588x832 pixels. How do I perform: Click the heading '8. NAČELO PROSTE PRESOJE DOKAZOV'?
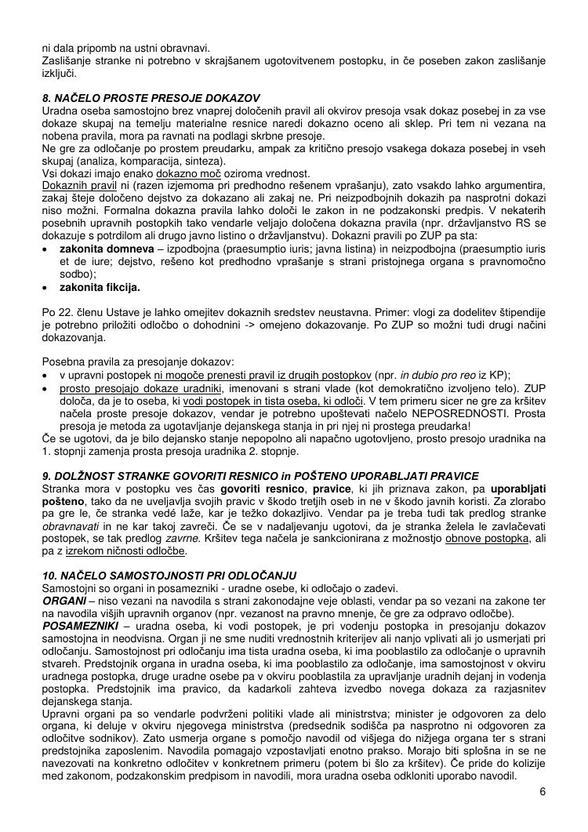coord(151,98)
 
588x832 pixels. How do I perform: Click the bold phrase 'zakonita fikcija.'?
coord(100,287)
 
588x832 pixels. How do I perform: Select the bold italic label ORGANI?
coord(64,600)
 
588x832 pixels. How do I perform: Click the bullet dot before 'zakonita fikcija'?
coord(46,287)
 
